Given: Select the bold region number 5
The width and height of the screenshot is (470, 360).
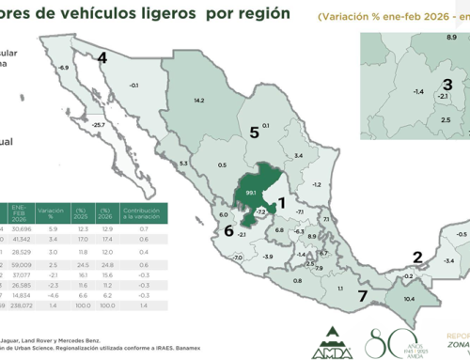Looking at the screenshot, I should (254, 133).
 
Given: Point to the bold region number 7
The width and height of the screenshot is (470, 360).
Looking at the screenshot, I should (362, 297).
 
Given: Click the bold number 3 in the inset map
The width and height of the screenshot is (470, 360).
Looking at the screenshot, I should (447, 86).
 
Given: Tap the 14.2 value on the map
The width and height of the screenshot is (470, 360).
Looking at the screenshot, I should (199, 99).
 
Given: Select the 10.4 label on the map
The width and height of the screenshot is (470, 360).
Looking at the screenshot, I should (407, 298).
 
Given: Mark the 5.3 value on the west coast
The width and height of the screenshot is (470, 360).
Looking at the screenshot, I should (183, 164).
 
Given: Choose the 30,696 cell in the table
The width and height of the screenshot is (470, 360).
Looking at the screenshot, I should (23, 230).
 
